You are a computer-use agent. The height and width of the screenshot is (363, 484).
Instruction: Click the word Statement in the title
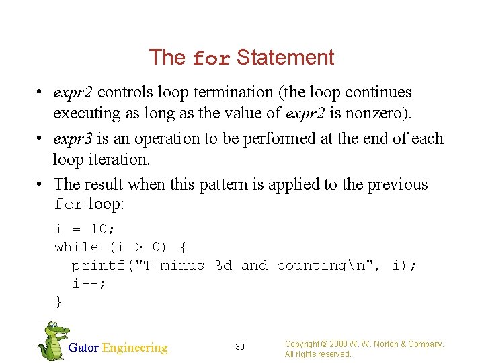(x=285, y=58)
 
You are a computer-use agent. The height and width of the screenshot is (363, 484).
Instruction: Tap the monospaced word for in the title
(x=211, y=59)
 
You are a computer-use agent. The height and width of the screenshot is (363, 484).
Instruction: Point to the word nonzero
(x=380, y=113)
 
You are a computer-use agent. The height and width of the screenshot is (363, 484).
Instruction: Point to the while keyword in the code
(x=76, y=247)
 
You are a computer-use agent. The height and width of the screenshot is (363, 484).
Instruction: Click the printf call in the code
(x=98, y=266)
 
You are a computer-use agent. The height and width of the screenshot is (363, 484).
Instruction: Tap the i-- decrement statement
(x=89, y=284)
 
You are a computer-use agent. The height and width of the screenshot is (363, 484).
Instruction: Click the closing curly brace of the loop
(x=58, y=302)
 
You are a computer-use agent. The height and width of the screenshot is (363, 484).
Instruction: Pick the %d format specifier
(x=223, y=266)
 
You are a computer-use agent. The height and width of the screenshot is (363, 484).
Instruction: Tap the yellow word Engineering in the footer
(x=134, y=348)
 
